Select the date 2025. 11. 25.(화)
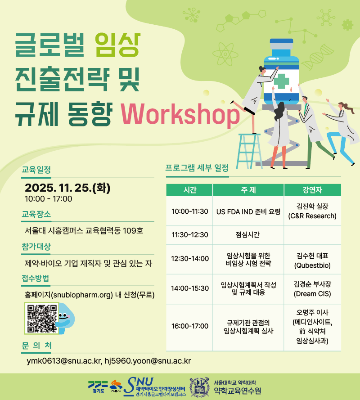click(67, 188)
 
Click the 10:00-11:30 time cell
click(189, 211)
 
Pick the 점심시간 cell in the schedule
click(247, 234)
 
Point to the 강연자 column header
click(312, 190)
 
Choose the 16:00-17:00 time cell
click(189, 326)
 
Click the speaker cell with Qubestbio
click(312, 260)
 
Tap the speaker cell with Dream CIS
click(312, 289)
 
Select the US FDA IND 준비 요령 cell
click(248, 211)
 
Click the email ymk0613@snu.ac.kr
click(64, 361)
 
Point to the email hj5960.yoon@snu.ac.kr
click(148, 361)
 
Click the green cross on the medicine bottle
click(281, 81)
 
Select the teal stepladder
click(249, 151)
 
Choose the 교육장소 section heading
click(36, 214)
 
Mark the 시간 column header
click(189, 190)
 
